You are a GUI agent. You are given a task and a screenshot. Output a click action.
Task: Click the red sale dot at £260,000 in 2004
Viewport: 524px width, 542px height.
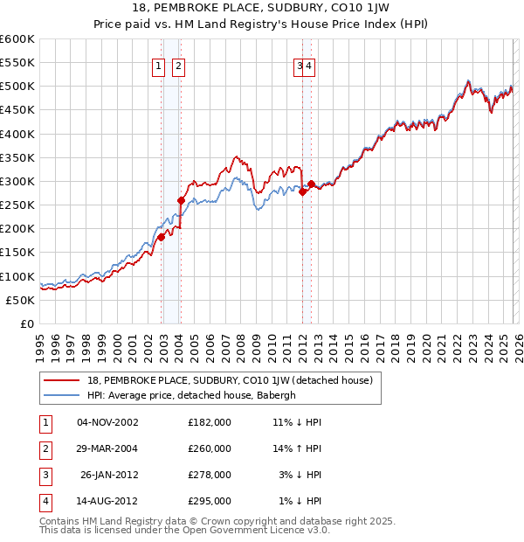tap(182, 200)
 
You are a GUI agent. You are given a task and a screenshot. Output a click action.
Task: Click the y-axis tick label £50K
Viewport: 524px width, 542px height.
tap(20, 300)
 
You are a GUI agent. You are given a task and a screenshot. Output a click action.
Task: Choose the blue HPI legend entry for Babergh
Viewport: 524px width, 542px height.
tap(192, 395)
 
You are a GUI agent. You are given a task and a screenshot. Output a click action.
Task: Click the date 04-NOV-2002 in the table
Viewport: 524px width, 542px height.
tap(107, 422)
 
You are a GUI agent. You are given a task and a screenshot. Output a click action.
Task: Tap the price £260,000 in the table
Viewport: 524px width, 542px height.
tap(210, 448)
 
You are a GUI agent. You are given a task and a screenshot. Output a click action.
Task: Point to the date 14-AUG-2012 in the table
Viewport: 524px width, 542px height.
tap(107, 501)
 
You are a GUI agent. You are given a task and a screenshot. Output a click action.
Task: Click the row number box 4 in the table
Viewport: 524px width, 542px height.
tap(45, 501)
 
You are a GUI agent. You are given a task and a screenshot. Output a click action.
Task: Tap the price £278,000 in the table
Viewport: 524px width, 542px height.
tap(210, 475)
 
